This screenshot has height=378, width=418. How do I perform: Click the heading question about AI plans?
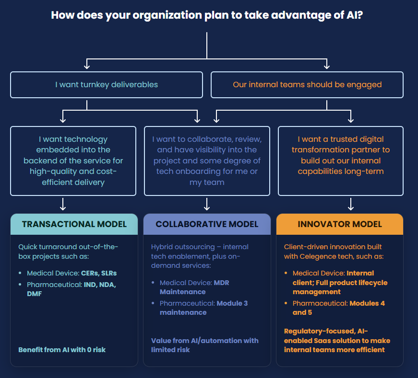207,15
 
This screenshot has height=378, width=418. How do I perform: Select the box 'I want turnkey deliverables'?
107,85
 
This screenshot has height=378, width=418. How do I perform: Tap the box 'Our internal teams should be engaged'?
307,85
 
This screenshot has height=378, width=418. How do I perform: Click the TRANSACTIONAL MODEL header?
74,224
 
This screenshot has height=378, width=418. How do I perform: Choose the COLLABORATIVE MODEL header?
207,224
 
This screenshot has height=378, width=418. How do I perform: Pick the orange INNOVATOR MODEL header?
340,224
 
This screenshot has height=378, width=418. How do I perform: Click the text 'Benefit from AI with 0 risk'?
62,350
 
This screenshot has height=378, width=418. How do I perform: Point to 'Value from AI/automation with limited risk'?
204,345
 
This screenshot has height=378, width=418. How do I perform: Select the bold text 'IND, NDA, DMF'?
67,289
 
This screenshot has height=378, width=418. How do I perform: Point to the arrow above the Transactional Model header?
62,205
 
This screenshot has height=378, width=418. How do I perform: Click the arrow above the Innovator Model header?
350,205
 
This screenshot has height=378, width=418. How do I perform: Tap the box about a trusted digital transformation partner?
340,160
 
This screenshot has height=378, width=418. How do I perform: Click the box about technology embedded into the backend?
73,160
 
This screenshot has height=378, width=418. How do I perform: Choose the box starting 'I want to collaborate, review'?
207,160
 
